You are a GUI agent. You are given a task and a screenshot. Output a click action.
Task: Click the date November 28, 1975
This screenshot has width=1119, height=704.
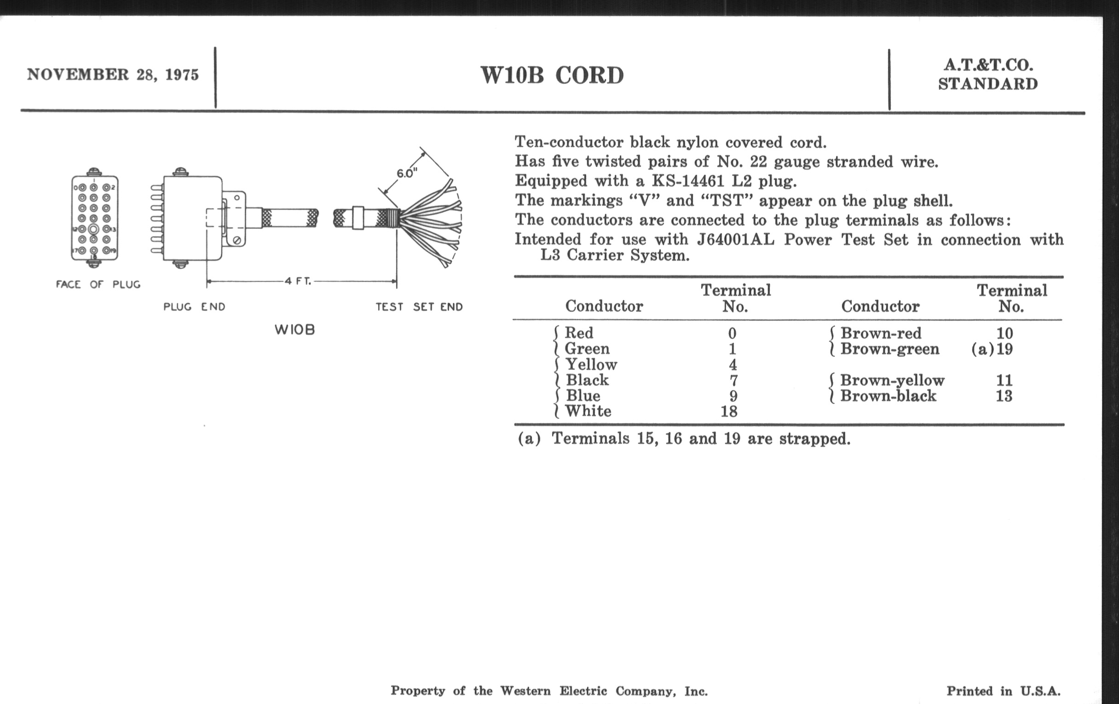112,75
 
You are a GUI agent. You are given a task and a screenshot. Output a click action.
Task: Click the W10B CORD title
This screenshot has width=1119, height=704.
552,75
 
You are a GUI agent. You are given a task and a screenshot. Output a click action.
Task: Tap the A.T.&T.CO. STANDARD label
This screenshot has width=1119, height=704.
987,75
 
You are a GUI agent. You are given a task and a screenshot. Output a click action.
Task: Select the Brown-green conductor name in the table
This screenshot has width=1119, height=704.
889,349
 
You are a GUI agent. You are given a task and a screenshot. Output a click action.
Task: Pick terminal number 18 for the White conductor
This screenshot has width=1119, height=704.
729,411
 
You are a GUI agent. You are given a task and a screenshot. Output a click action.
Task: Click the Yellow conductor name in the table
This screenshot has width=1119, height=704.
591,364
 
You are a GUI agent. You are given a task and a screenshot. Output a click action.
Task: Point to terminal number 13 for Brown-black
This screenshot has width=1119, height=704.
1004,396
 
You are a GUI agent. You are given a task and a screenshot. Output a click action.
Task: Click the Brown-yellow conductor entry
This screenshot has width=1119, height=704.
892,380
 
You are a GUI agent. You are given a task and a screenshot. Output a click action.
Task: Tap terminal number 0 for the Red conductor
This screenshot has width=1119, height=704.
732,333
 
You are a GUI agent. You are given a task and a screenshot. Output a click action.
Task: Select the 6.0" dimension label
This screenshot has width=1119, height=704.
407,173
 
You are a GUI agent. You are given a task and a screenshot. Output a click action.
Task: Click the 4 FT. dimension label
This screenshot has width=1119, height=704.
298,281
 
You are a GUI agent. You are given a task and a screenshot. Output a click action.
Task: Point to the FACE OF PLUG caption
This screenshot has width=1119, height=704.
98,284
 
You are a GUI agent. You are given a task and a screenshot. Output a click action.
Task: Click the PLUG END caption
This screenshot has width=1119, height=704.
194,307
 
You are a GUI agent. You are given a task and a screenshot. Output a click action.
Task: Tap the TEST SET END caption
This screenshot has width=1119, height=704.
419,307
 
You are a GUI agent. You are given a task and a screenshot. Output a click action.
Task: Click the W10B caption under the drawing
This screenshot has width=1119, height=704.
294,330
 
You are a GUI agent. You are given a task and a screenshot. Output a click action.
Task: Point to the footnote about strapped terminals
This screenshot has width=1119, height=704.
684,439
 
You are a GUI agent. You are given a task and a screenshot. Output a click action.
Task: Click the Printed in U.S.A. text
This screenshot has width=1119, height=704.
1004,691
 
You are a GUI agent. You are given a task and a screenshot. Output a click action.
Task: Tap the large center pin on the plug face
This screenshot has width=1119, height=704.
93,229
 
